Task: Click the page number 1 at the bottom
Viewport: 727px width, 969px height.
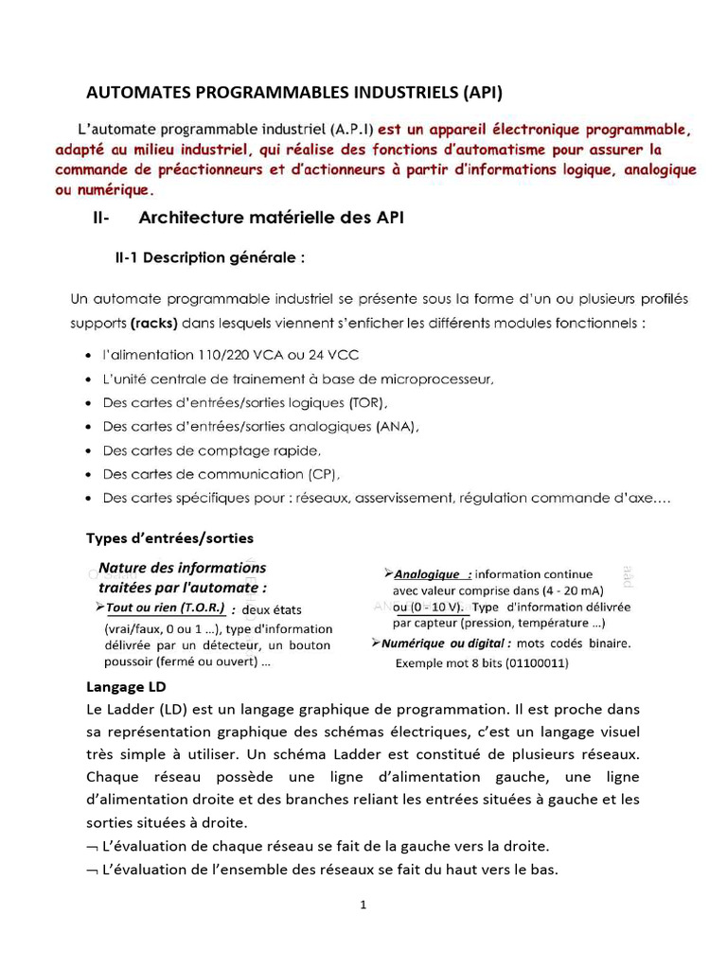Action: pyautogui.click(x=363, y=904)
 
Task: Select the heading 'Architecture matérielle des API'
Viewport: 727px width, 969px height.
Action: pyautogui.click(x=272, y=218)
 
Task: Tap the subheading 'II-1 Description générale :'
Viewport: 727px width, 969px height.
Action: pyautogui.click(x=209, y=257)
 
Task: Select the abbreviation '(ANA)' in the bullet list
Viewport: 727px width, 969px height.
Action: pyautogui.click(x=398, y=427)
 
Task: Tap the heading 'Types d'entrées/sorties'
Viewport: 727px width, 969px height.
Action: pyautogui.click(x=170, y=537)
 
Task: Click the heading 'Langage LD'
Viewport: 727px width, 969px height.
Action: pyautogui.click(x=126, y=686)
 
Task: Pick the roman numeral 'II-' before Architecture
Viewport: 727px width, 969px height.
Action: pyautogui.click(x=102, y=218)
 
